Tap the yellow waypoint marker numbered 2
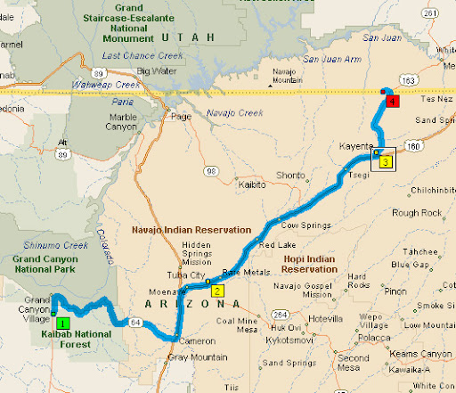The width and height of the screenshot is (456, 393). coord(218,290)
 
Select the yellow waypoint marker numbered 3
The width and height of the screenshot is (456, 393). coord(385,161)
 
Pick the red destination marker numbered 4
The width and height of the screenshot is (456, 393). coord(393,102)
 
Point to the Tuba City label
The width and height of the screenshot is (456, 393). coord(183,274)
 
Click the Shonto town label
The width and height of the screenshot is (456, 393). coord(292,175)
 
